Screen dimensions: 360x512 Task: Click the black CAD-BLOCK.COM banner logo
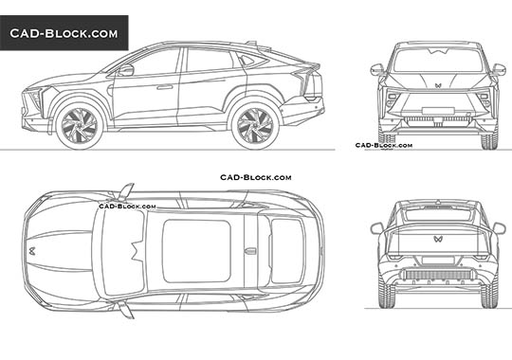click(x=64, y=34)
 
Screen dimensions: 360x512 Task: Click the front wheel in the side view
click(x=80, y=124)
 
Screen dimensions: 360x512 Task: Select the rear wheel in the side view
click(x=252, y=124)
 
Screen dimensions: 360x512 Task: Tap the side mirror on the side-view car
click(x=125, y=69)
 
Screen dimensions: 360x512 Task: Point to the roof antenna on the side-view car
click(x=251, y=43)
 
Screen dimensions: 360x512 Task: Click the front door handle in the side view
click(x=164, y=87)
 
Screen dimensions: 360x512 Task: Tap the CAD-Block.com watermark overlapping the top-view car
click(x=129, y=205)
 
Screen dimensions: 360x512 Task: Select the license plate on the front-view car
click(x=438, y=119)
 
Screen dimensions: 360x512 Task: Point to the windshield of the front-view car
click(x=438, y=60)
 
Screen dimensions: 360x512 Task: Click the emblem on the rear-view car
click(x=437, y=240)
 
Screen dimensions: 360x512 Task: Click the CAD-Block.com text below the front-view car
click(x=384, y=145)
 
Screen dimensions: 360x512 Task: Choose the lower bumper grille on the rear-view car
click(x=437, y=275)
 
